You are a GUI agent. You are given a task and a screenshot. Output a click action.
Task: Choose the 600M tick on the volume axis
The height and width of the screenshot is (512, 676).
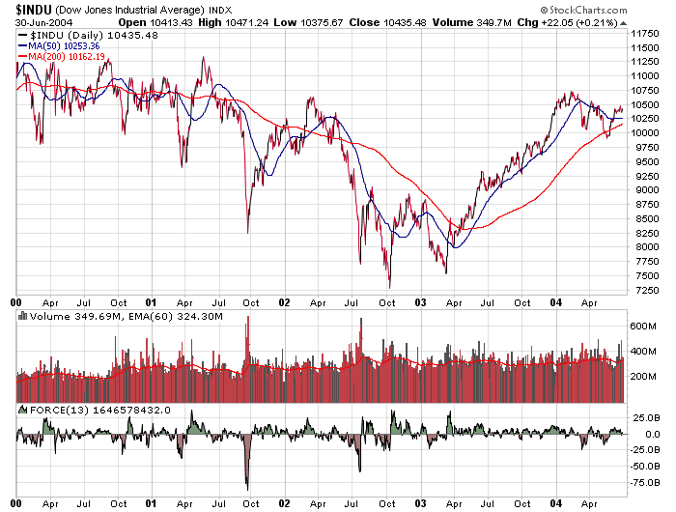click(x=644, y=326)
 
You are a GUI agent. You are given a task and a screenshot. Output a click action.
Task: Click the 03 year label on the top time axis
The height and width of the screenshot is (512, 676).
click(x=421, y=302)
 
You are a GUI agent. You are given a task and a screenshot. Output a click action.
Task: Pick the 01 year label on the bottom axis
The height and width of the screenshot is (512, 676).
click(x=152, y=503)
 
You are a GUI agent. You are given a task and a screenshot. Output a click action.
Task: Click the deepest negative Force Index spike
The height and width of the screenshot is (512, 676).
click(x=247, y=486)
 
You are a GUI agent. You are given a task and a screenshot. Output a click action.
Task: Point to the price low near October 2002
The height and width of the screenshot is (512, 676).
click(x=390, y=286)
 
